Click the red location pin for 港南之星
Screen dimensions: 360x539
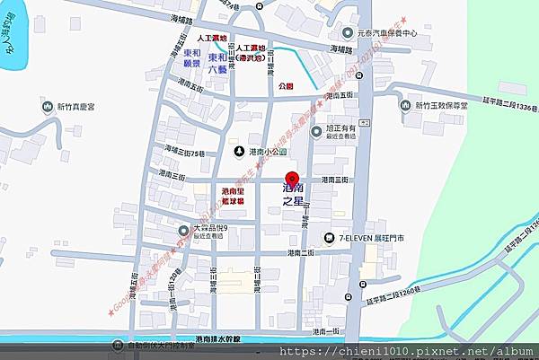(x=291, y=176)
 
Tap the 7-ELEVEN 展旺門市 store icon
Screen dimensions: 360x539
(x=330, y=238)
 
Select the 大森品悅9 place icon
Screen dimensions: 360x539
(x=183, y=230)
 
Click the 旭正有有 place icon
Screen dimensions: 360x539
(x=316, y=132)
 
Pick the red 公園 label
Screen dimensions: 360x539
(x=286, y=86)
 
